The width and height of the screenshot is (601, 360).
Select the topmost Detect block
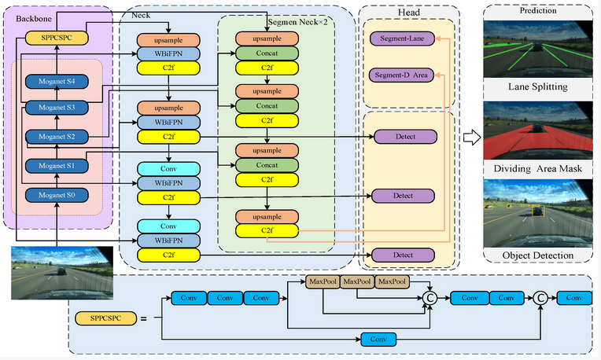pyautogui.click(x=405, y=137)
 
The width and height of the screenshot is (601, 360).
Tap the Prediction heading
pyautogui.click(x=538, y=11)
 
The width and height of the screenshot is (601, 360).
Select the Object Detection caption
pyautogui.click(x=537, y=255)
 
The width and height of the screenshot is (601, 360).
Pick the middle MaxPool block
pyautogui.click(x=358, y=281)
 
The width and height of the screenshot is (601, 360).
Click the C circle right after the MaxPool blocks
pyautogui.click(x=430, y=298)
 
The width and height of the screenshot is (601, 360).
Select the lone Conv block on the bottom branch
pyautogui.click(x=378, y=340)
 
